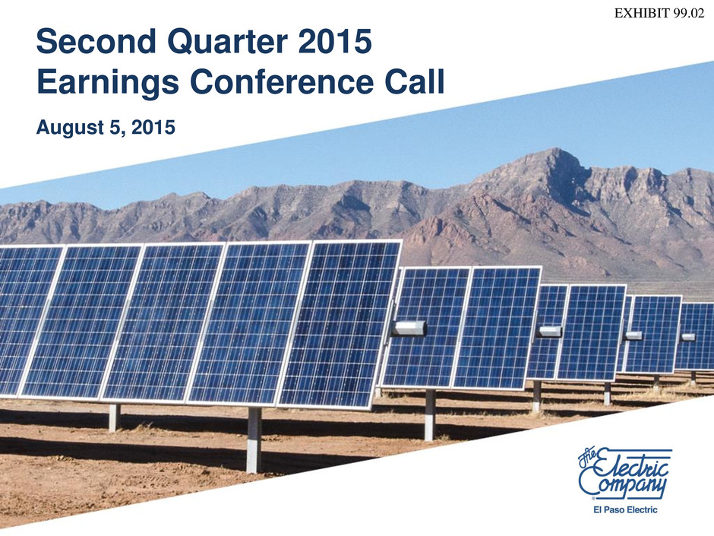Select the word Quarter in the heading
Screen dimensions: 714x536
pos(227,42)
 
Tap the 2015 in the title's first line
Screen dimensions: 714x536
pos(335,41)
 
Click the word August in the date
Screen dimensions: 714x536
pos(70,128)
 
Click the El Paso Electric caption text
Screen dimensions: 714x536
pos(625,509)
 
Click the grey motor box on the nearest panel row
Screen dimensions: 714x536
pos(409,328)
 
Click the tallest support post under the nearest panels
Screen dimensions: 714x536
pos(254,439)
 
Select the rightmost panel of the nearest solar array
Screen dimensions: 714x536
pos(340,325)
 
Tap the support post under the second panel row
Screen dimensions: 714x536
pos(429,415)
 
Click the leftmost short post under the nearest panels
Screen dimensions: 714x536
pos(114,417)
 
